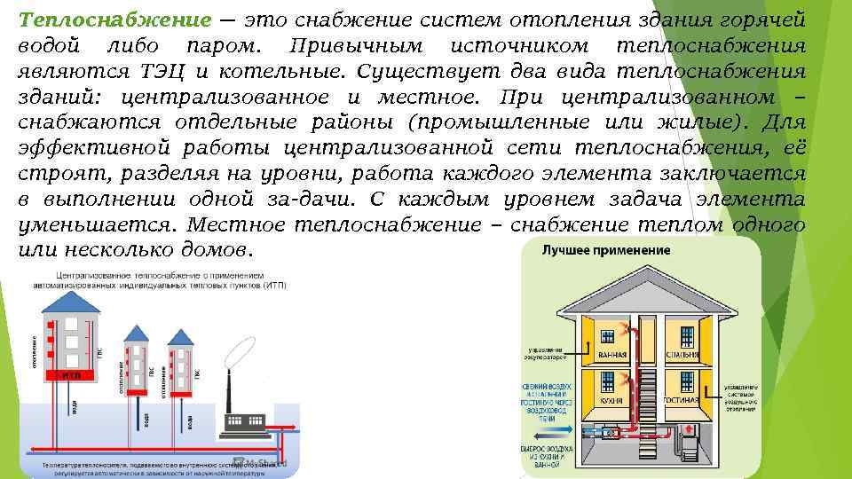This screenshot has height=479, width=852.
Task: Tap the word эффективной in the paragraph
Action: pos(81,148)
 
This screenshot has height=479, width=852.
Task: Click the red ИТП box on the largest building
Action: pos(72,375)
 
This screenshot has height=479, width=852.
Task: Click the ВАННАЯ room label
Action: pos(611,356)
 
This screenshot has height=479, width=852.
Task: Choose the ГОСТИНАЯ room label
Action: pos(685,401)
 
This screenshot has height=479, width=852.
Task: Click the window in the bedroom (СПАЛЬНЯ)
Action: pos(686,335)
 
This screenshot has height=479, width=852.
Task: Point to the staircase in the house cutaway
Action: pos(647,390)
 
